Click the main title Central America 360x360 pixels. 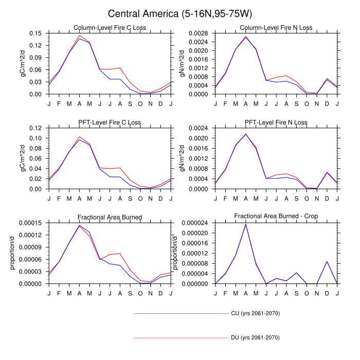(x=180, y=14)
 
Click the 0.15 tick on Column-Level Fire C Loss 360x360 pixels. (x=35, y=33)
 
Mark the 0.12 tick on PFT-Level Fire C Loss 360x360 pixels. (x=35, y=128)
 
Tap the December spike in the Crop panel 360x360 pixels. (x=327, y=261)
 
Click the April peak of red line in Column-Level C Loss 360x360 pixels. (x=80, y=35)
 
